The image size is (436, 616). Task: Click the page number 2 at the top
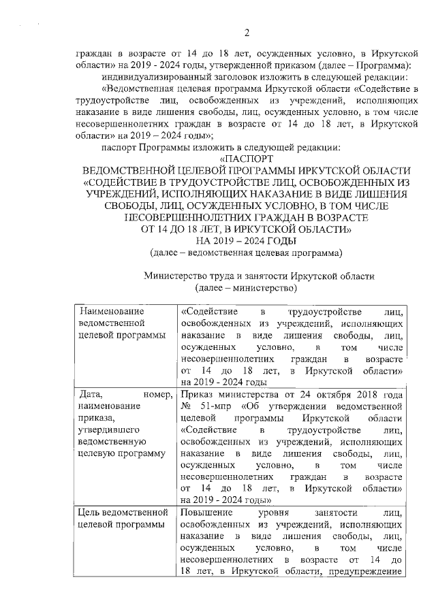247,33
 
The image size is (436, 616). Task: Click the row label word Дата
91,394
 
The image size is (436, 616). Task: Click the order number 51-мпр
212,406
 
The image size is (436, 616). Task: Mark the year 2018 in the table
371,394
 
